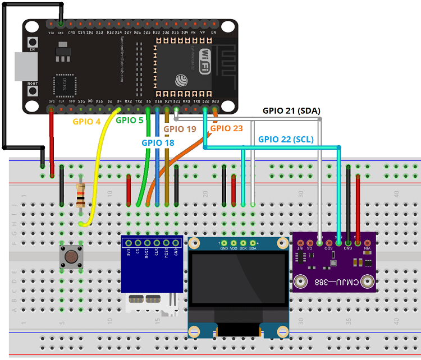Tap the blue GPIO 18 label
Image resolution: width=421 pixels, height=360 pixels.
click(158, 142)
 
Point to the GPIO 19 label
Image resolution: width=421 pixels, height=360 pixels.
click(180, 129)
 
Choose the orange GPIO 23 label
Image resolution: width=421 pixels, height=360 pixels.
click(226, 128)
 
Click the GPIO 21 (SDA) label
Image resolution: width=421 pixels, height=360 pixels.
click(291, 110)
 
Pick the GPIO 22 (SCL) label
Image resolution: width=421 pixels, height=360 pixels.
click(286, 139)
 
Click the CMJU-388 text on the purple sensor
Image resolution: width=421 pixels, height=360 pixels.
click(334, 281)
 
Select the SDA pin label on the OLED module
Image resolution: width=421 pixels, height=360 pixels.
click(253, 248)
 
